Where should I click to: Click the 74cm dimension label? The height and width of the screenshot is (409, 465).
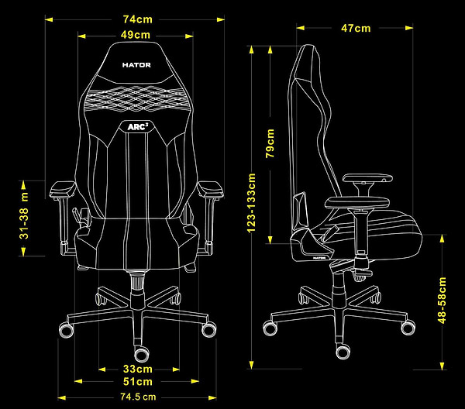pyautogui.click(x=138, y=19)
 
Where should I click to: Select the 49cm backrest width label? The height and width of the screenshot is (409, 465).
pyautogui.click(x=136, y=35)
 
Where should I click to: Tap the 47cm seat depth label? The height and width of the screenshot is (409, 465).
pyautogui.click(x=356, y=29)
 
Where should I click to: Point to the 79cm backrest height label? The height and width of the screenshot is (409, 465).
pyautogui.click(x=270, y=143)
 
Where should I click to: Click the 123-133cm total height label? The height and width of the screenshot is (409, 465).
pyautogui.click(x=251, y=203)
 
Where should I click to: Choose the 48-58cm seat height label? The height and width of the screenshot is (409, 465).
pyautogui.click(x=442, y=301)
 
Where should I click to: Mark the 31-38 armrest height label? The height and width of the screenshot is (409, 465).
pyautogui.click(x=24, y=215)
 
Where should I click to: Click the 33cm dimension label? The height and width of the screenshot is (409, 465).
pyautogui.click(x=138, y=369)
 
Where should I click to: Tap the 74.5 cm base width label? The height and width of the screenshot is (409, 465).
pyautogui.click(x=138, y=397)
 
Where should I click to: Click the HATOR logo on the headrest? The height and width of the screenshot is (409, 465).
pyautogui.click(x=136, y=65)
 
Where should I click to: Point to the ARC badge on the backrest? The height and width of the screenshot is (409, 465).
pyautogui.click(x=138, y=127)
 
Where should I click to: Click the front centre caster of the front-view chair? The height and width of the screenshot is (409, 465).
pyautogui.click(x=141, y=354)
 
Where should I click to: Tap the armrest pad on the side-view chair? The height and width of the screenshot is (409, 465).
pyautogui.click(x=367, y=178)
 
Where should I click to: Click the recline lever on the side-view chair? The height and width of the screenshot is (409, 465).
pyautogui.click(x=330, y=233)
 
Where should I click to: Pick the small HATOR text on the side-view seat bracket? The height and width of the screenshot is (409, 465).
pyautogui.click(x=319, y=258)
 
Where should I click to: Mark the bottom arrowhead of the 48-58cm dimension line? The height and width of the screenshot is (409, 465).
pyautogui.click(x=443, y=366)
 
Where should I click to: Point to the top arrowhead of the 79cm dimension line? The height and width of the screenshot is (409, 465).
pyautogui.click(x=270, y=50)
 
